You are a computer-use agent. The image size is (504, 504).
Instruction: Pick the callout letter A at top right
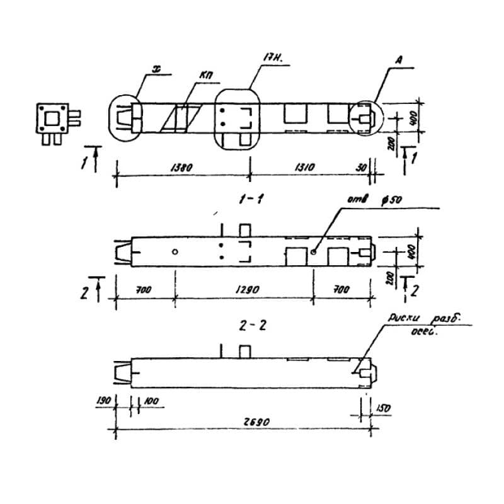click(401, 61)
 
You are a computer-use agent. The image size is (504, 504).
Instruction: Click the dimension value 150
click(383, 408)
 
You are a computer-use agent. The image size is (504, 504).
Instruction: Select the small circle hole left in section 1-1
click(175, 252)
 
